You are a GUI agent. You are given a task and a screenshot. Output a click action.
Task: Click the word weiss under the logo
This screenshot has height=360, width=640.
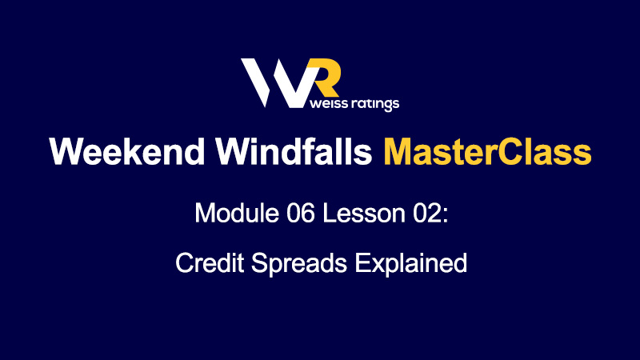[x=327, y=103]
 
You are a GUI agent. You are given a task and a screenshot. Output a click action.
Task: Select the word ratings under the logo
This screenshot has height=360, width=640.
[x=374, y=104]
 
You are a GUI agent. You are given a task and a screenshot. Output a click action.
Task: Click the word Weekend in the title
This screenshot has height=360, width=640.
[x=127, y=151]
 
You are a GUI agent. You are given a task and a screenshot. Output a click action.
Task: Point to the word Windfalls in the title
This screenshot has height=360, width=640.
[x=294, y=151]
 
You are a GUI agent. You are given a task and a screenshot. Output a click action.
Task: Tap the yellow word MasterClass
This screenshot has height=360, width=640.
[x=487, y=151]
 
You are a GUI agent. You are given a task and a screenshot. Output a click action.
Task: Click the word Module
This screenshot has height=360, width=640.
[x=237, y=213]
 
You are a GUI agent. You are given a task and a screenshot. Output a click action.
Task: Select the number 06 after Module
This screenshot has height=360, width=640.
[x=301, y=213]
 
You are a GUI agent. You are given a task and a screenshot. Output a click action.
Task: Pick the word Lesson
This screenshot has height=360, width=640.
[x=364, y=213]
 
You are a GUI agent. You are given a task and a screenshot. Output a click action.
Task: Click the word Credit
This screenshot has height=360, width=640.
[x=210, y=262]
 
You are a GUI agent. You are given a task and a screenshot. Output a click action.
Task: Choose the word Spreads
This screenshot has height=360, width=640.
[x=298, y=264]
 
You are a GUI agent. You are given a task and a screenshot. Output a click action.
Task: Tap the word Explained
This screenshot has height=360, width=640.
[x=410, y=264]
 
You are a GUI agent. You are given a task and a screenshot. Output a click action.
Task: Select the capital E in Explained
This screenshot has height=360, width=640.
[x=362, y=262]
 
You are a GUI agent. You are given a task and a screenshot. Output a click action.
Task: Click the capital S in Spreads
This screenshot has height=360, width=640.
[x=259, y=262]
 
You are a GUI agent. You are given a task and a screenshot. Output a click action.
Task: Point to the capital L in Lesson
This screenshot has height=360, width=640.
[x=329, y=213]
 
